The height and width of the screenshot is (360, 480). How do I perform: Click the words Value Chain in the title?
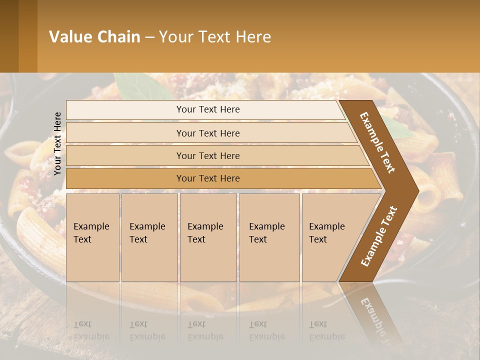tap(94, 37)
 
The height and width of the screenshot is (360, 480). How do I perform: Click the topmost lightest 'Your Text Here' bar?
tap(207, 109)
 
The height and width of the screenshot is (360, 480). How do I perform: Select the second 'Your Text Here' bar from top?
tap(207, 133)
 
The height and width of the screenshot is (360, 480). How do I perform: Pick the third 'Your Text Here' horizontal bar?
tap(207, 155)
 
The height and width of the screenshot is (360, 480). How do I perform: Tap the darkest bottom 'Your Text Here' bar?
tap(207, 178)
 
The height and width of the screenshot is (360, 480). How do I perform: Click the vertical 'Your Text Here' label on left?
tap(58, 143)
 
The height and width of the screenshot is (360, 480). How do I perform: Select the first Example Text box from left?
tap(92, 237)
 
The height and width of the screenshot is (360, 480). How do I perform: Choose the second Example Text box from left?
tap(149, 237)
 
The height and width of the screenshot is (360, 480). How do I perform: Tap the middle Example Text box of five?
tap(208, 237)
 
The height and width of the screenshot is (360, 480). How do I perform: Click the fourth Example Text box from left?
tap(269, 237)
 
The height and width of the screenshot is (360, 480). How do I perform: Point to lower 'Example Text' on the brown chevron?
tap(379, 236)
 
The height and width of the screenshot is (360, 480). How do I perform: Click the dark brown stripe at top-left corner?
tap(9, 36)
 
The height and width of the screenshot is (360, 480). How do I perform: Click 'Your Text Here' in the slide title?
tap(215, 37)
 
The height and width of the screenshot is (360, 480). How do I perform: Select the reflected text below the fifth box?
tap(326, 330)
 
